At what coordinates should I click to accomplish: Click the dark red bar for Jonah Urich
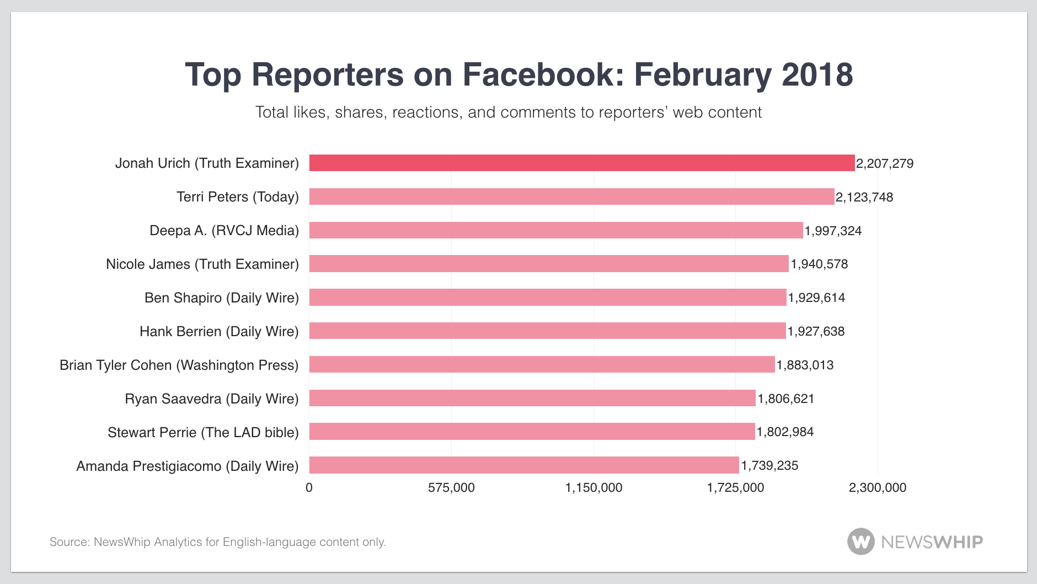tap(581, 163)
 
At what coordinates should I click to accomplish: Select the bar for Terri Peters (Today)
tap(571, 197)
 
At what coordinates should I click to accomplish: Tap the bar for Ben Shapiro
tap(547, 298)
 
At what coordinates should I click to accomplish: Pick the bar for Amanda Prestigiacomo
tap(524, 465)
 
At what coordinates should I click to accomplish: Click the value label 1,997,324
tap(833, 231)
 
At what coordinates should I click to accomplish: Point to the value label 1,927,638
tap(816, 331)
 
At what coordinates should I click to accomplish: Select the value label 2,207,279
tap(884, 163)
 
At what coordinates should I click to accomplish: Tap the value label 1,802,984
tap(785, 432)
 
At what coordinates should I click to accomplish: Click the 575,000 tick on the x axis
tap(451, 488)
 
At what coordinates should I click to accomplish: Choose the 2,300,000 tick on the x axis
tap(877, 488)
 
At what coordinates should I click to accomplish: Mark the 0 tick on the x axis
tap(309, 488)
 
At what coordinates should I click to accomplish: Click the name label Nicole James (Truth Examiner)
tap(202, 264)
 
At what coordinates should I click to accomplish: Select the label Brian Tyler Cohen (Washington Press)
tap(179, 365)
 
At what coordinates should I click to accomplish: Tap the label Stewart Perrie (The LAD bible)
tap(203, 433)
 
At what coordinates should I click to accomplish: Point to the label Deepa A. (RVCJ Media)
tap(224, 231)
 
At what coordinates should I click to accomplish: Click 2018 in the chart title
tap(817, 75)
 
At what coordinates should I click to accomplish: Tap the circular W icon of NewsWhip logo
tap(860, 541)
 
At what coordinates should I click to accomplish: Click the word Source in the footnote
tap(70, 542)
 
